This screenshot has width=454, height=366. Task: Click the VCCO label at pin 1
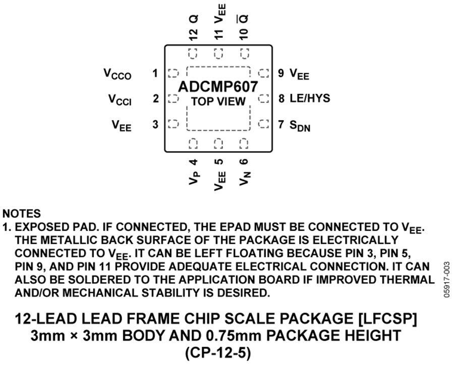click(x=118, y=74)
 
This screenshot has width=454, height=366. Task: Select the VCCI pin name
click(x=120, y=99)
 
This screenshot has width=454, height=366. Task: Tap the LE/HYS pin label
click(x=310, y=98)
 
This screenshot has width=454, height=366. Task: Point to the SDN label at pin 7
click(x=300, y=126)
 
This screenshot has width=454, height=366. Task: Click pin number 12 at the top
click(x=193, y=34)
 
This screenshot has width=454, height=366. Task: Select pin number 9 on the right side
click(x=281, y=73)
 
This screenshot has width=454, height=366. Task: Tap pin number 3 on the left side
click(x=155, y=124)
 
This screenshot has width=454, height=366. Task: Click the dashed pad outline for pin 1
click(x=173, y=73)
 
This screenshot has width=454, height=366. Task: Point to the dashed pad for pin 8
click(x=263, y=98)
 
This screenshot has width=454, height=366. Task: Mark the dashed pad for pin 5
click(x=218, y=144)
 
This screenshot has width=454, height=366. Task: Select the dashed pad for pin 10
click(x=245, y=54)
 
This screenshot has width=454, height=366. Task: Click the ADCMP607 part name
click(x=218, y=87)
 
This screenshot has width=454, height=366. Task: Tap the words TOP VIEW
click(x=218, y=101)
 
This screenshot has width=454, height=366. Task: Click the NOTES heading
click(x=22, y=214)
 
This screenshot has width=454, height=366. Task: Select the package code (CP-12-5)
click(x=218, y=353)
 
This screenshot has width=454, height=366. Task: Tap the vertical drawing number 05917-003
click(x=446, y=279)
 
